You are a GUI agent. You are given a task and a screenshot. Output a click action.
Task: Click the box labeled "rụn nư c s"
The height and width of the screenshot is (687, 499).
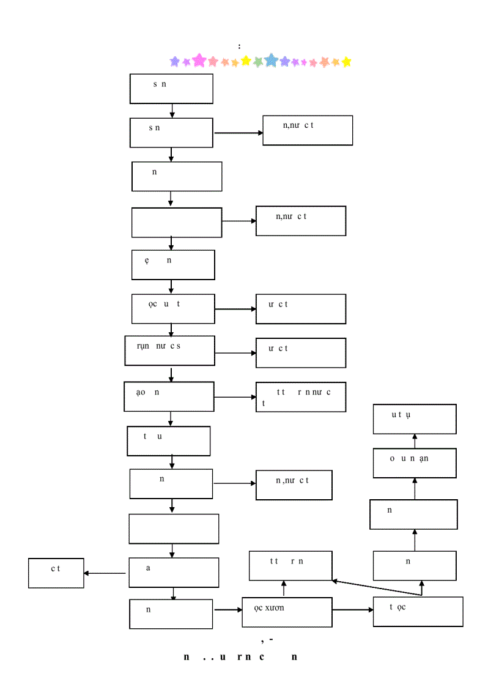pos(170,351)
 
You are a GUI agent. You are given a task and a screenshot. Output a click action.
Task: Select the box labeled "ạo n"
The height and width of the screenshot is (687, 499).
pos(169,397)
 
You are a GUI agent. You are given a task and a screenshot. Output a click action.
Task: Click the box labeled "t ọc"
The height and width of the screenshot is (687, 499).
pos(418,612)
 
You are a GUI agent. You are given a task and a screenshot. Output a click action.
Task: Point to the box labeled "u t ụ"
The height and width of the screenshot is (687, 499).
pos(415,419)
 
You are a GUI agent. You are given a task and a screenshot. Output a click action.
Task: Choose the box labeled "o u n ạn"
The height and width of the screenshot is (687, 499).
pos(415,463)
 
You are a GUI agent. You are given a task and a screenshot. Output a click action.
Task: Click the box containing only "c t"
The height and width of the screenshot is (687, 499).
pos(56,573)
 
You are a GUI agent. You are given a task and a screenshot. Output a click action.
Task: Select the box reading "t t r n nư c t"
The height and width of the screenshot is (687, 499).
pos(301,397)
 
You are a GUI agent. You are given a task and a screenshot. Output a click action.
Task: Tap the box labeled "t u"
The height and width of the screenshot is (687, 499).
pos(169,441)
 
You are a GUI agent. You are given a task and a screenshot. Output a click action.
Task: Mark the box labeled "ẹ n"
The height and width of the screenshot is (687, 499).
pos(173,264)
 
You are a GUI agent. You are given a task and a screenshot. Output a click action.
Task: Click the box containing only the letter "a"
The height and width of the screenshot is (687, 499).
pos(174,573)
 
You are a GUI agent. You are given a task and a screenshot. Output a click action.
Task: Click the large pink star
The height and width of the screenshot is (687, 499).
pos(199,60)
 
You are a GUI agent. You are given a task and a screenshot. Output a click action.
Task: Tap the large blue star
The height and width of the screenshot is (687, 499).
pos(271,60)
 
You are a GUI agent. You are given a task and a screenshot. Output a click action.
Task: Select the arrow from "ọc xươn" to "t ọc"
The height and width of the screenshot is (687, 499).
pos(353,610)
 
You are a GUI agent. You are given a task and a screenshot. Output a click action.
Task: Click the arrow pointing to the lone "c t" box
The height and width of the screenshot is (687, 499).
pos(105,573)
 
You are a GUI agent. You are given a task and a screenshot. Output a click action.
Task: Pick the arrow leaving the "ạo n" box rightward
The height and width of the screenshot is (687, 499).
pos(235,397)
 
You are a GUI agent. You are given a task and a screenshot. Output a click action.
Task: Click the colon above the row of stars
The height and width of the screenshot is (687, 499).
pos(240,46)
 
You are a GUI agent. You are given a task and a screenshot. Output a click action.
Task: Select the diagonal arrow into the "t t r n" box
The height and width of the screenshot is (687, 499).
pos(376,588)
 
